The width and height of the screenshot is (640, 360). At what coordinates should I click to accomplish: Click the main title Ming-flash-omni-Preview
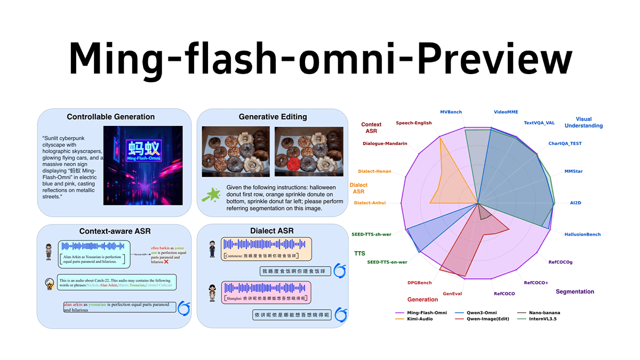tap(320, 54)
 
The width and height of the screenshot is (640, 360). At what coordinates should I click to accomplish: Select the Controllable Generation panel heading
tap(110, 117)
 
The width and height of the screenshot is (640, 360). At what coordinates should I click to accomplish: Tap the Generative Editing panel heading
tap(273, 117)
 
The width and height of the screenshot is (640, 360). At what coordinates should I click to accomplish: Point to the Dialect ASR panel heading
tap(272, 231)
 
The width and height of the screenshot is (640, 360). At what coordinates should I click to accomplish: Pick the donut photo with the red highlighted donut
tap(308, 152)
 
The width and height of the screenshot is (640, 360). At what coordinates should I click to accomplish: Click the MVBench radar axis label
tap(451, 112)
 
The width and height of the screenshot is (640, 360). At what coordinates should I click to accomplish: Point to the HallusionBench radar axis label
tap(582, 234)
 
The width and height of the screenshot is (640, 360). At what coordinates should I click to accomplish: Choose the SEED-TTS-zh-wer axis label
tap(372, 234)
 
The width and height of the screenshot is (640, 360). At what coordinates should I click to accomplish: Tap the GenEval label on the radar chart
tap(452, 293)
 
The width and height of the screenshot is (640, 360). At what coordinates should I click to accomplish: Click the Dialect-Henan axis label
tap(374, 171)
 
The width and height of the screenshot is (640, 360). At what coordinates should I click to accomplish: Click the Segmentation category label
tap(574, 292)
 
